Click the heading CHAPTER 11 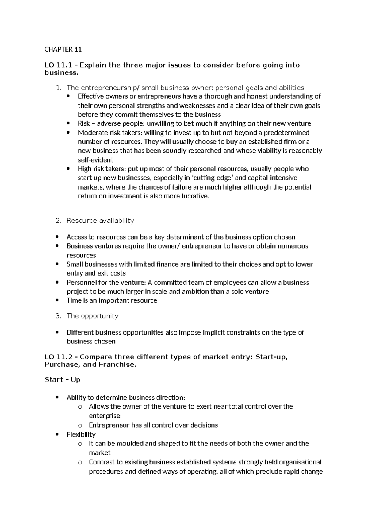[x=63, y=49]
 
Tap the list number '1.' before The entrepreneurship [x=58, y=88]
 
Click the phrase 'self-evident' [x=95, y=160]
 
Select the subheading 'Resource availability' [x=100, y=221]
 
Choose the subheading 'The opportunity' [x=92, y=316]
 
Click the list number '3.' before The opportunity [x=58, y=316]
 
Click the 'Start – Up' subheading [x=62, y=380]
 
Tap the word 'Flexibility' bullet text [x=81, y=434]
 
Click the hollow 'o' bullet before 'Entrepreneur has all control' [x=80, y=425]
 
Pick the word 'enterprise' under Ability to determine [x=105, y=416]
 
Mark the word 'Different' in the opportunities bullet [x=80, y=332]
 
